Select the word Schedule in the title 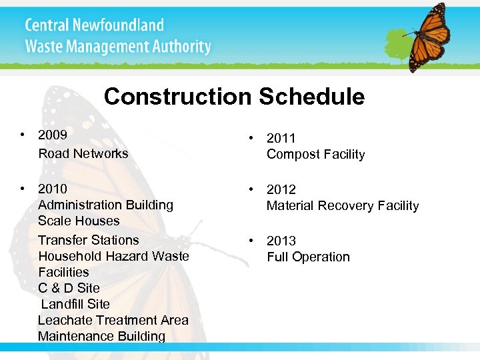click(x=311, y=97)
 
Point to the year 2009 click(x=53, y=135)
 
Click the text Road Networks click(x=83, y=153)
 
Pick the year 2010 click(x=53, y=189)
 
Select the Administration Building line click(x=105, y=205)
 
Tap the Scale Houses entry click(x=79, y=221)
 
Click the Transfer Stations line click(x=89, y=240)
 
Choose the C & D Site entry click(x=69, y=288)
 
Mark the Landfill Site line click(x=75, y=304)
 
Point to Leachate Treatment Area click(x=113, y=320)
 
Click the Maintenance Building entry click(x=101, y=336)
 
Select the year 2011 click(x=281, y=138)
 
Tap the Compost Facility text click(x=315, y=154)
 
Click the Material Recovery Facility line click(x=343, y=205)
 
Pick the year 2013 click(x=281, y=241)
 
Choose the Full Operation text click(x=308, y=257)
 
